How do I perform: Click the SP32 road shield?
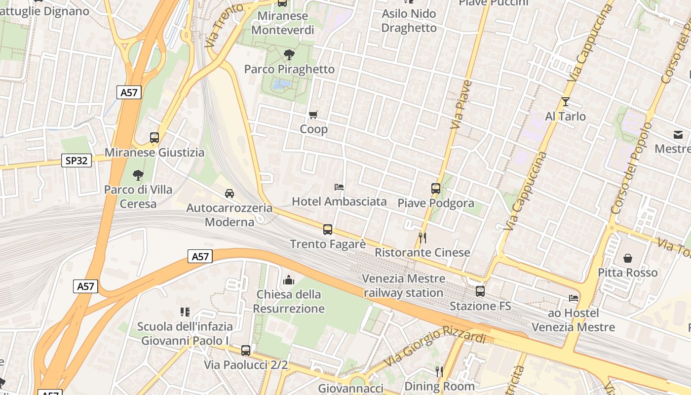(x=77, y=160)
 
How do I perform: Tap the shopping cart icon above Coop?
(x=313, y=115)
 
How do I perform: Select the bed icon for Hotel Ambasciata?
(x=339, y=187)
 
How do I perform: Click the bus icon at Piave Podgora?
(x=435, y=188)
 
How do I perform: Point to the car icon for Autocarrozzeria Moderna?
(x=230, y=193)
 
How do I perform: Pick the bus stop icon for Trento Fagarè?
(x=328, y=229)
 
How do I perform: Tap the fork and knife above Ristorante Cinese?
(x=422, y=238)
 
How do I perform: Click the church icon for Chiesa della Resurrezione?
(x=289, y=280)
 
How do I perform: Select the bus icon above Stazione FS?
(x=480, y=291)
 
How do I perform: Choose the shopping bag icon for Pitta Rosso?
(x=628, y=258)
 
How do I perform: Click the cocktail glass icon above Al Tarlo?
(x=566, y=102)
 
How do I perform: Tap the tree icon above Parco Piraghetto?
(x=289, y=54)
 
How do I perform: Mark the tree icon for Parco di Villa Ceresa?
(x=138, y=175)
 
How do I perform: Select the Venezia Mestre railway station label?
(x=403, y=285)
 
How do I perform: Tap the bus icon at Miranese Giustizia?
(x=154, y=138)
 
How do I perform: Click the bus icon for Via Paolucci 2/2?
(x=246, y=351)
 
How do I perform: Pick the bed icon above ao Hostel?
(x=574, y=298)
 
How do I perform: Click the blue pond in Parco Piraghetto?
(x=281, y=84)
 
